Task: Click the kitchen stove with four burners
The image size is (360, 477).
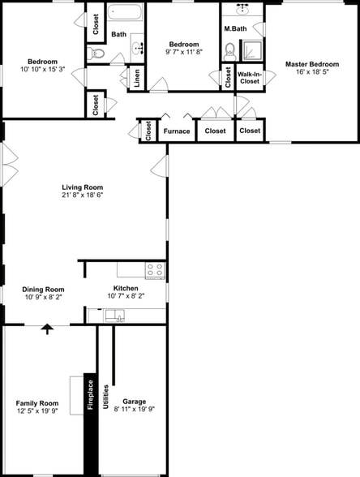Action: pyautogui.click(x=154, y=269)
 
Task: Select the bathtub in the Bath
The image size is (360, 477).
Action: pyautogui.click(x=126, y=14)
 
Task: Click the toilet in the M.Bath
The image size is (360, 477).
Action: pyautogui.click(x=229, y=49)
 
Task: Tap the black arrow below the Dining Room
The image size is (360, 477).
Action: pyautogui.click(x=47, y=329)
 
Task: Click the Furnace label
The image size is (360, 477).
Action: pyautogui.click(x=177, y=131)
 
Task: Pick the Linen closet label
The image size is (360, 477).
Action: pyautogui.click(x=137, y=78)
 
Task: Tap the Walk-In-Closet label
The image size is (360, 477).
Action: pyautogui.click(x=249, y=78)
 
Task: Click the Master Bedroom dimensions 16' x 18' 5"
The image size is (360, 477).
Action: pyautogui.click(x=311, y=72)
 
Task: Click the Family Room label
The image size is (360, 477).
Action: pyautogui.click(x=37, y=403)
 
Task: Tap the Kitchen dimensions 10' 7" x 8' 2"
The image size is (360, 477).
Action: pyautogui.click(x=125, y=296)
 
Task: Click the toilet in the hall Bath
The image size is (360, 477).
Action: pyautogui.click(x=97, y=54)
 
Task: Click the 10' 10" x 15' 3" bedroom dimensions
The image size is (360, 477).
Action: pyautogui.click(x=42, y=70)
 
